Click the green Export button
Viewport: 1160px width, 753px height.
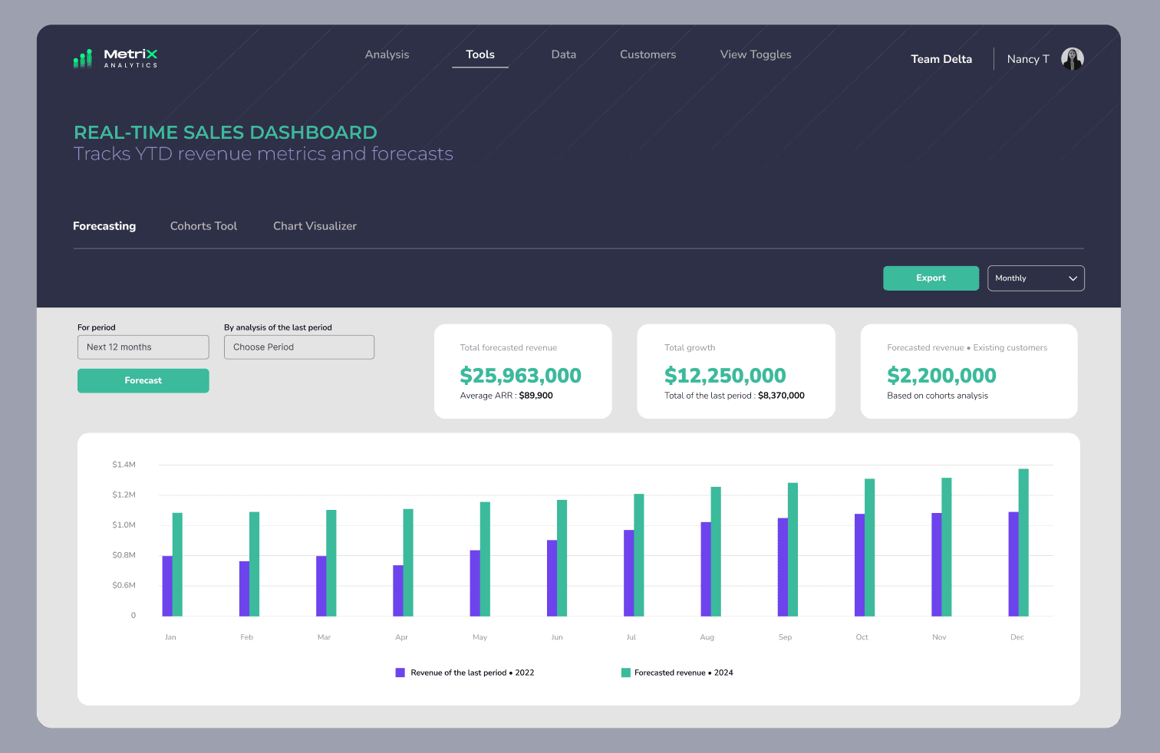(x=931, y=278)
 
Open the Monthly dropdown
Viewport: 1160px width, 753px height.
(x=1036, y=278)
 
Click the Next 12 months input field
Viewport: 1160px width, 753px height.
(x=143, y=347)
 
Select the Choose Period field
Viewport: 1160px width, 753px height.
(x=298, y=347)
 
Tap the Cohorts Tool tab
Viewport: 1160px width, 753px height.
(x=203, y=226)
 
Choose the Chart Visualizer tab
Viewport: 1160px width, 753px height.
(x=315, y=226)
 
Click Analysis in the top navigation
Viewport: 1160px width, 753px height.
(x=387, y=54)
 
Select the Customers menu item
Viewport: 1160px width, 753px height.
(x=648, y=54)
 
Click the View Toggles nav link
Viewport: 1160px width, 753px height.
(x=755, y=54)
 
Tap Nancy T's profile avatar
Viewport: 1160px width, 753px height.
(x=1072, y=58)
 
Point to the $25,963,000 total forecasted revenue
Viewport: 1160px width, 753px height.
(x=520, y=376)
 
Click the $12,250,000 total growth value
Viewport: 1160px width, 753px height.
(x=725, y=376)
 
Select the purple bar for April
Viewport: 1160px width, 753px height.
(x=398, y=590)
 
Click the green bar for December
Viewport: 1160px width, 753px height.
(x=1023, y=542)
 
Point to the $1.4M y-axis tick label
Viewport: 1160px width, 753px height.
(x=124, y=465)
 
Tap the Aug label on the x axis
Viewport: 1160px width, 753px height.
(x=707, y=637)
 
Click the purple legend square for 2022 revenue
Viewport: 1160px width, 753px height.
(x=400, y=672)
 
